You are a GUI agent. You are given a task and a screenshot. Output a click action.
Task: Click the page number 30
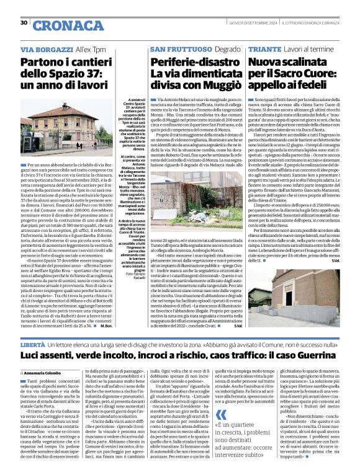click(24, 23)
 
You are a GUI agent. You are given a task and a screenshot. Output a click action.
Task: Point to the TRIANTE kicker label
click(266, 49)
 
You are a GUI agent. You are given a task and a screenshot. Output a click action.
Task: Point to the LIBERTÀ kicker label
click(33, 344)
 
